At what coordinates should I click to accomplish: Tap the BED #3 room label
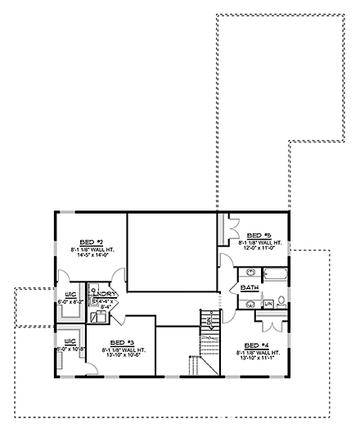coord(122,342)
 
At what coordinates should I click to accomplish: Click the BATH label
coord(250,288)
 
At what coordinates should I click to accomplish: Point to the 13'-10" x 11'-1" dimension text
coord(257,358)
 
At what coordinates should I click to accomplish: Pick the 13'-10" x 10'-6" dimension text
coord(122,355)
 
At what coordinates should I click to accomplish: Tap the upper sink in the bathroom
coord(250,272)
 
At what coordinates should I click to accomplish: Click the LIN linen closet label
coord(268,304)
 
